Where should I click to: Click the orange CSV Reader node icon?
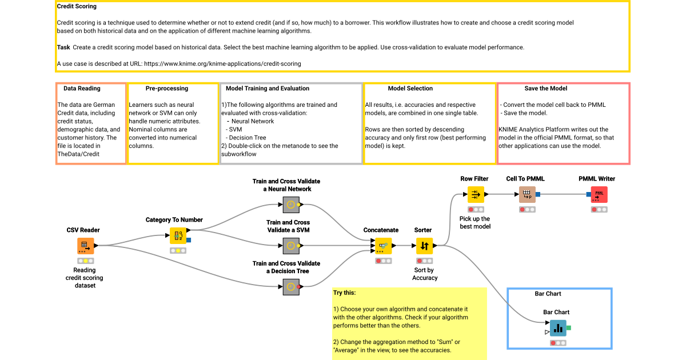coord(85,246)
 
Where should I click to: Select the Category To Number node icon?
coord(178,235)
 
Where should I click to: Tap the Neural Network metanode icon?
coord(291,205)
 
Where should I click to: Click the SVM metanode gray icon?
coord(291,246)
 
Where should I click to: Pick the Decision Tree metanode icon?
coord(291,287)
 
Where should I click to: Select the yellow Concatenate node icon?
coord(383,246)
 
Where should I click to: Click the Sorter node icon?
coord(424,246)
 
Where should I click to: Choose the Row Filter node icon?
coord(475,194)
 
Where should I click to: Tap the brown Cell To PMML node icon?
coord(527,194)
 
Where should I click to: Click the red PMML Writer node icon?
coord(599,194)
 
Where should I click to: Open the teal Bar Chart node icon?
coord(557,328)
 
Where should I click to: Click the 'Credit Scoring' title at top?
coord(77,7)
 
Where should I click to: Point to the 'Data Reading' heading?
coord(82,89)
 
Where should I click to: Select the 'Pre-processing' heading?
coord(166,89)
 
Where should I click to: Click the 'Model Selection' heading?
coord(410,89)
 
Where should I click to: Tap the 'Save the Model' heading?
coord(545,89)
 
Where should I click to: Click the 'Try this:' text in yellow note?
coord(344,293)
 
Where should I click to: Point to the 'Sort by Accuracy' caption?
coord(424,274)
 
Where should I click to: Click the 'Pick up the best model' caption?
coord(474,222)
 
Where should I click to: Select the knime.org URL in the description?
coord(222,63)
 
